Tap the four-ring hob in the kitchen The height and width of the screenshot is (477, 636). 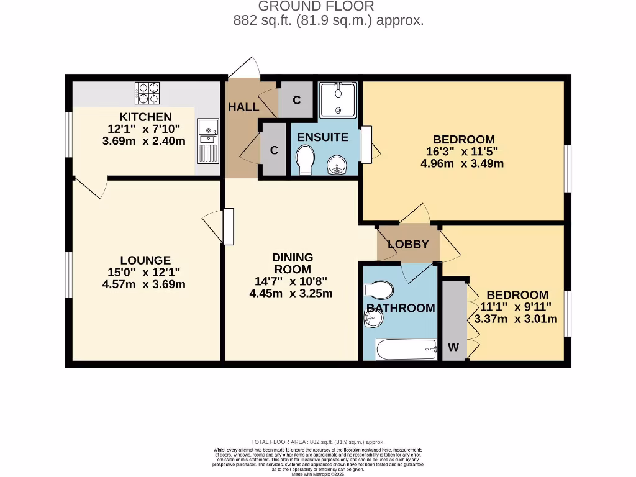click(147, 93)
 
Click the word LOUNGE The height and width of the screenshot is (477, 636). click(145, 260)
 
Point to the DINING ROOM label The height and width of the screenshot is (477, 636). click(293, 263)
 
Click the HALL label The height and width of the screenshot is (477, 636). click(243, 107)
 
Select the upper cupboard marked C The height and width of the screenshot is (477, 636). click(297, 100)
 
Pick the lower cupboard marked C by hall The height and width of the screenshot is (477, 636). click(274, 150)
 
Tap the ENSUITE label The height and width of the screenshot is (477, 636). click(322, 137)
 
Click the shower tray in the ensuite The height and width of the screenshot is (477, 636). click(338, 99)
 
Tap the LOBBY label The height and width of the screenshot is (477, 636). click(408, 244)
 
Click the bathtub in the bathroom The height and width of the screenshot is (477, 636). click(407, 349)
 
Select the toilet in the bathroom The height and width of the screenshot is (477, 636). click(379, 289)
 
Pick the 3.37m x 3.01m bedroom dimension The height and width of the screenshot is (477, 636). click(516, 319)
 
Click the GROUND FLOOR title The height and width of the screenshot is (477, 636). click(316, 6)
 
